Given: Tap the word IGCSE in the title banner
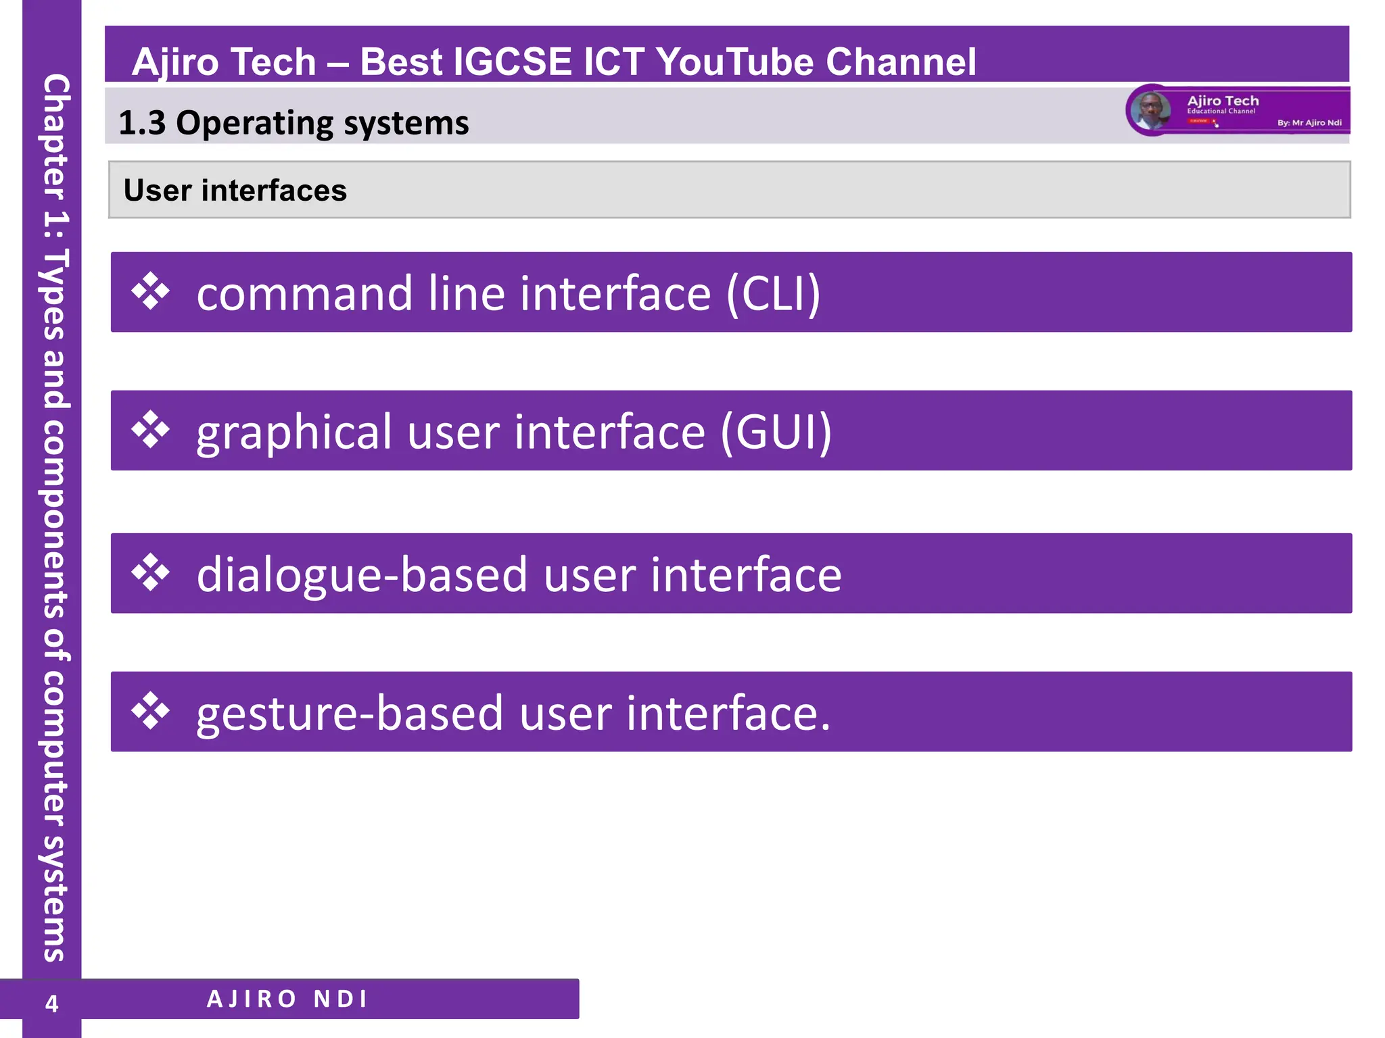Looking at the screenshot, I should tap(513, 62).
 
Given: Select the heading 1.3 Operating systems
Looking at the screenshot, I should tap(294, 123).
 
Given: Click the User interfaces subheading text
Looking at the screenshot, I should tap(235, 191).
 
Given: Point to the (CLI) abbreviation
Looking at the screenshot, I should tap(773, 293).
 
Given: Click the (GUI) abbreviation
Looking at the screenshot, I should tap(776, 432).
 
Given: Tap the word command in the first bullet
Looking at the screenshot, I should tap(304, 293).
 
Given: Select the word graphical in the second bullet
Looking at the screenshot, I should tap(294, 433).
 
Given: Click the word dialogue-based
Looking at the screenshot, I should tap(362, 575).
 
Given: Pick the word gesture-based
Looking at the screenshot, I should tap(350, 714).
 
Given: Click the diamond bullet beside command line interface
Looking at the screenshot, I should tap(150, 292).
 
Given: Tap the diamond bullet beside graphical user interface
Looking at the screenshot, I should tap(150, 430).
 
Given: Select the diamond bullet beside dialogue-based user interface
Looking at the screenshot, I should tap(150, 573).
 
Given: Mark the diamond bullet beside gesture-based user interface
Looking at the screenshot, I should tap(150, 712).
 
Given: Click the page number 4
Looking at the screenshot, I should tap(51, 1004).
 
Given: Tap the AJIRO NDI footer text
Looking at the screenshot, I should tap(287, 999).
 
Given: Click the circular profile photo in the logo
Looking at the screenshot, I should tap(1150, 109).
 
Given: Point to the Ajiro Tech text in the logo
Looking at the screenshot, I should tap(1223, 101).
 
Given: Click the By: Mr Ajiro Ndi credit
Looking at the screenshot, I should tap(1309, 123).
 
